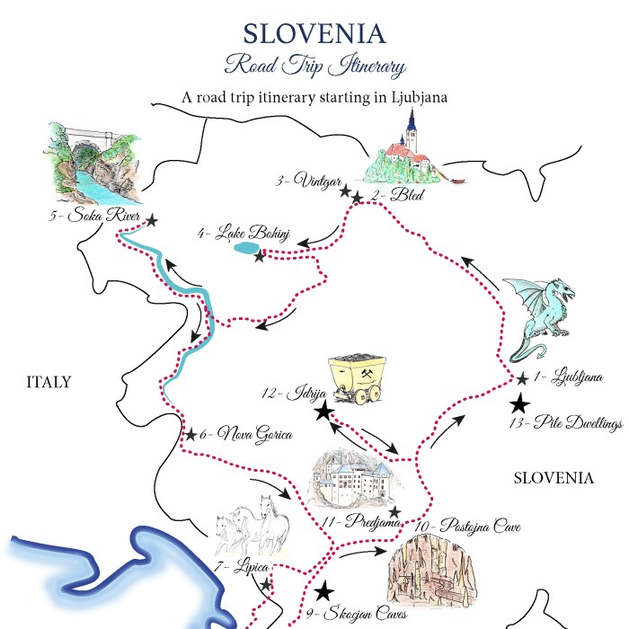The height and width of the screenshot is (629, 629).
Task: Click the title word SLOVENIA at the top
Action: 314,33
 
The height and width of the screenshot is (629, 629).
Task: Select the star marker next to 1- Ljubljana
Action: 522,379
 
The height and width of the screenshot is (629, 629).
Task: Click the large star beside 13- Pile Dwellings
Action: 519,406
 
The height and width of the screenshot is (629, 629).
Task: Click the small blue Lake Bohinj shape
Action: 243,248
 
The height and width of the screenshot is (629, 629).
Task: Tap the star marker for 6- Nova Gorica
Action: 190,435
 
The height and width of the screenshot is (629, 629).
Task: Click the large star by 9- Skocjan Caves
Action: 324,591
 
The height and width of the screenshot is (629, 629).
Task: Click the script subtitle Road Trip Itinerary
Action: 314,66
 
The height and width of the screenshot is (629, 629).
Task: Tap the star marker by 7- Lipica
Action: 266,585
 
